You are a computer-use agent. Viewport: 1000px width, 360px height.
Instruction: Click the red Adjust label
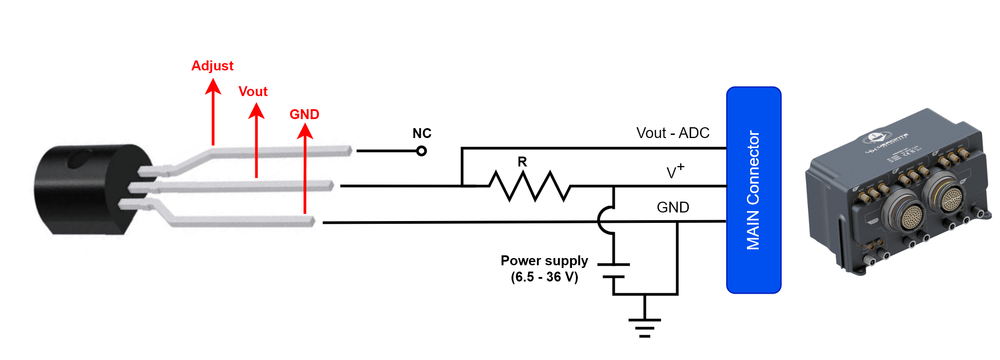pyautogui.click(x=212, y=66)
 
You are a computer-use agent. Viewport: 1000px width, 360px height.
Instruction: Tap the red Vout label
pyautogui.click(x=253, y=92)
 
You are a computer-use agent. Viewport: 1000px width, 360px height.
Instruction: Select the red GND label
pyautogui.click(x=304, y=115)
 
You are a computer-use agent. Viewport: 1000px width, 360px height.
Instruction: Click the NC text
pyautogui.click(x=422, y=134)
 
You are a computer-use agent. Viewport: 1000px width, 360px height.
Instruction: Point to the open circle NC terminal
pyautogui.click(x=422, y=151)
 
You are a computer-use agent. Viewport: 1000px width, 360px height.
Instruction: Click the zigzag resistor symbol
pyautogui.click(x=530, y=186)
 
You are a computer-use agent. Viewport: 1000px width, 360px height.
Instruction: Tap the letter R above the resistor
pyautogui.click(x=522, y=162)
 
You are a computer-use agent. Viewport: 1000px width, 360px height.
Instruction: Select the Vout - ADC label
pyautogui.click(x=673, y=133)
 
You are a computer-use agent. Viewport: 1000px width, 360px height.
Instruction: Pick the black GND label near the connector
pyautogui.click(x=673, y=208)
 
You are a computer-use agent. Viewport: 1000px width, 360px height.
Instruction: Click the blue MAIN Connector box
pyautogui.click(x=753, y=190)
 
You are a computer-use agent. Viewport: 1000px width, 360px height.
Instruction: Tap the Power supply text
pyautogui.click(x=544, y=261)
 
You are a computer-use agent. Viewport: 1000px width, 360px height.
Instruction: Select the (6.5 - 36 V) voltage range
pyautogui.click(x=544, y=277)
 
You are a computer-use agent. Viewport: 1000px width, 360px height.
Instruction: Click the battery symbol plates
pyautogui.click(x=613, y=271)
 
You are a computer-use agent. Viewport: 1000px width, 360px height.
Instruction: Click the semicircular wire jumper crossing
pyautogui.click(x=604, y=220)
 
